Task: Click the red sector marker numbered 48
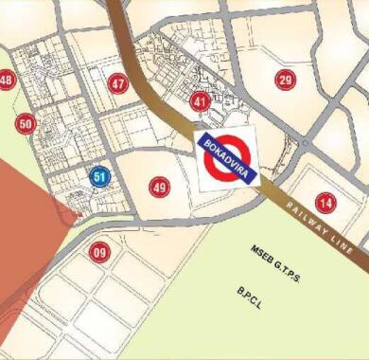coord(7,81)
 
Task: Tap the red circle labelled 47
coord(117,83)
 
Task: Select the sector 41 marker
coord(200,100)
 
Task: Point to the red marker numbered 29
coord(285,81)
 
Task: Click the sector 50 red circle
coord(26,123)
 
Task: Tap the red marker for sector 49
coord(159,188)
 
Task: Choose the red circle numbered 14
coord(325,202)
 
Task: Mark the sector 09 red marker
coord(99,252)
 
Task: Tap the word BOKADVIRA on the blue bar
coord(227,156)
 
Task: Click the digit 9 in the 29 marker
coord(289,81)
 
